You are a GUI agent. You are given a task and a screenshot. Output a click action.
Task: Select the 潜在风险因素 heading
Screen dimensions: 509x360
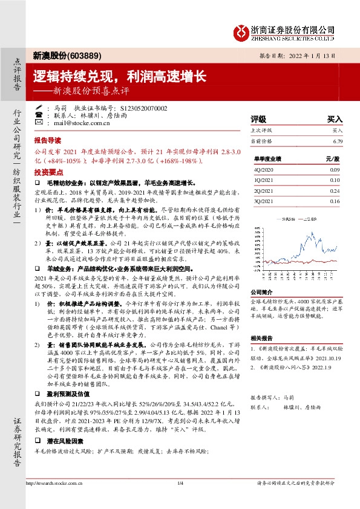click(x=62, y=442)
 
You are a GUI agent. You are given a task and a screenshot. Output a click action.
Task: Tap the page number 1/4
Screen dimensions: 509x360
click(x=180, y=483)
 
